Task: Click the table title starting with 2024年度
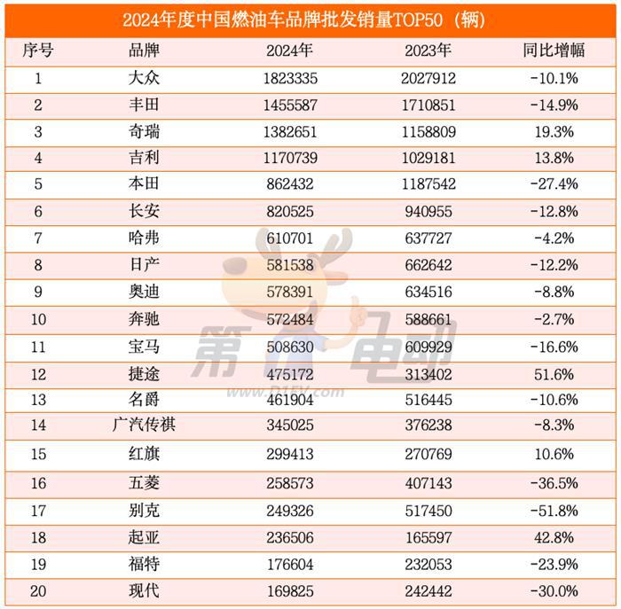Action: tap(310, 19)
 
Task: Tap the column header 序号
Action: tap(38, 51)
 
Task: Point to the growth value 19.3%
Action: tap(555, 131)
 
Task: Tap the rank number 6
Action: tap(38, 211)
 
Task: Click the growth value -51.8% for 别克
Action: tap(555, 511)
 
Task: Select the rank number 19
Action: tap(38, 565)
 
